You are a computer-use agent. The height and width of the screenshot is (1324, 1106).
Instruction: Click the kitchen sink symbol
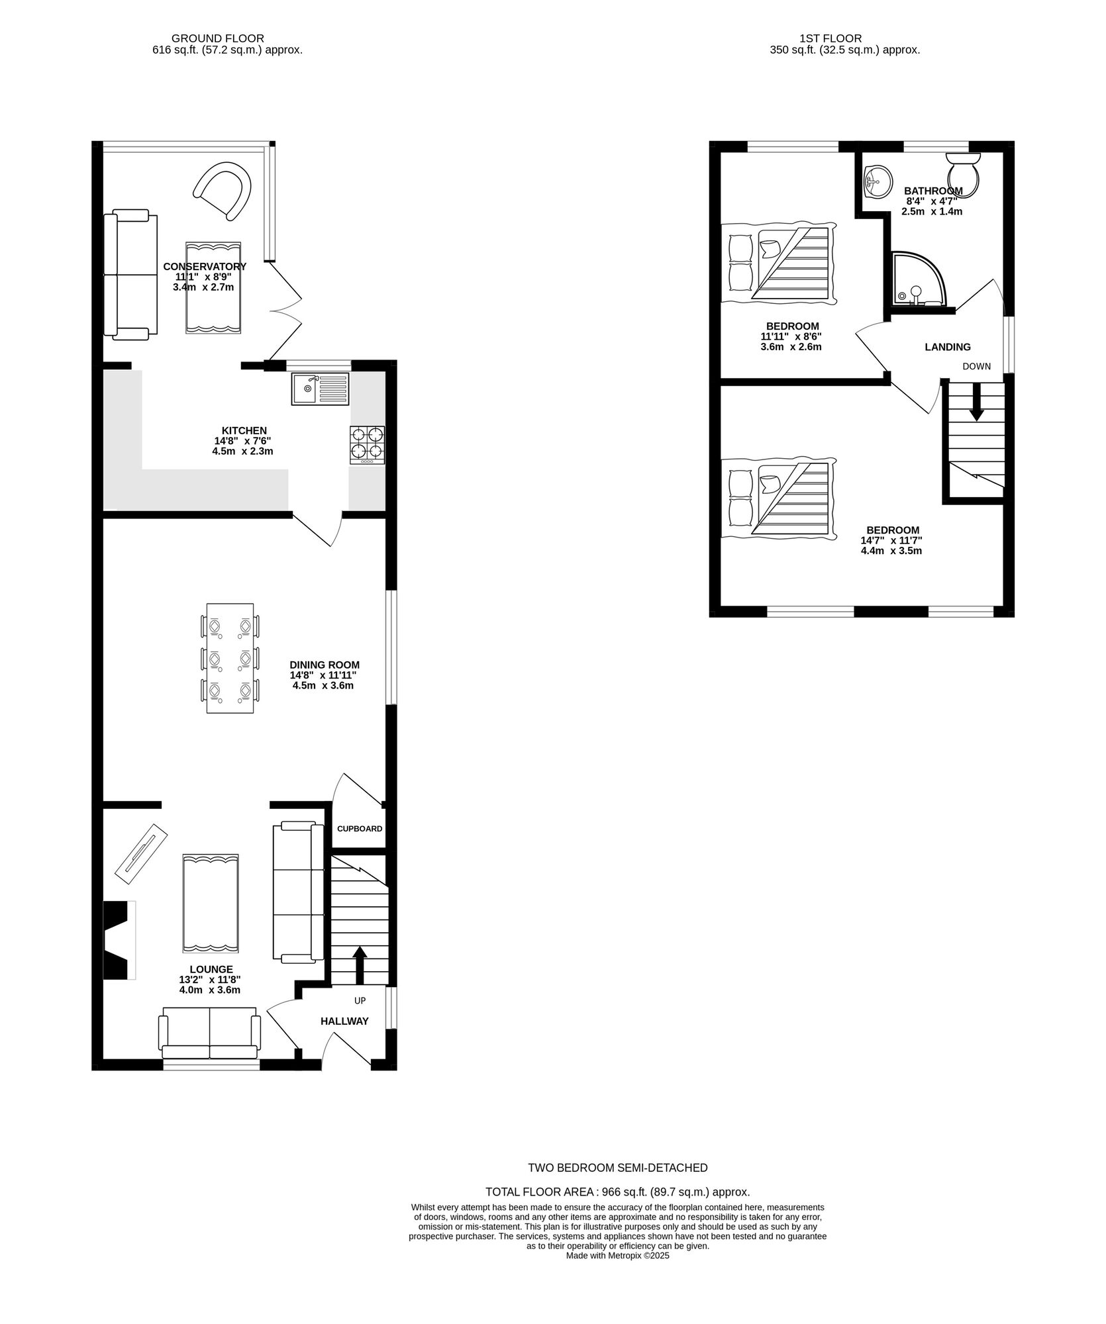point(319,389)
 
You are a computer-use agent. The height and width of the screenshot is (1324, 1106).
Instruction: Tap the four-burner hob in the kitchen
point(368,444)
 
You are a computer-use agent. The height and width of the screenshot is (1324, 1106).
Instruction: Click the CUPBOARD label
point(360,829)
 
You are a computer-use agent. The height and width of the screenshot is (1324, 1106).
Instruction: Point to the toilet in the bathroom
point(964,174)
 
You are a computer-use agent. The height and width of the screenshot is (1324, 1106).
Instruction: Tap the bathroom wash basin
point(878,181)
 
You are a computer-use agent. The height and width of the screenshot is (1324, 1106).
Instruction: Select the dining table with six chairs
point(230,658)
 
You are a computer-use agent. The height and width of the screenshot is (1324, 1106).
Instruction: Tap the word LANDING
point(948,347)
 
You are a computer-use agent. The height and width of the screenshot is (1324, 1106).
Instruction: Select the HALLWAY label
point(344,1021)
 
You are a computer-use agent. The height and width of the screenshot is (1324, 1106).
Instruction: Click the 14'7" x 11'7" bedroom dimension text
point(891,545)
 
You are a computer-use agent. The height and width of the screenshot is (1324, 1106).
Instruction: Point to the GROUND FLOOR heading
point(218,38)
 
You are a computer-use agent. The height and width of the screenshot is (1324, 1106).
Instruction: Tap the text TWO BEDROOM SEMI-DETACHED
point(618,1168)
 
